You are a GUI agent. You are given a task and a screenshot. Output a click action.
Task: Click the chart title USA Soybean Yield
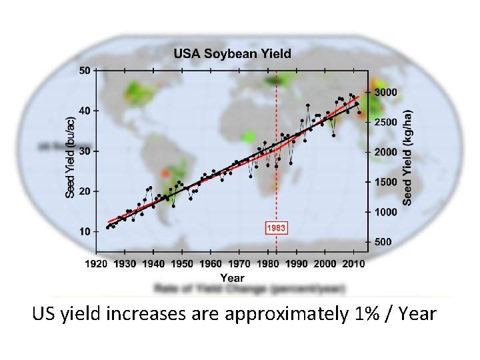(233, 53)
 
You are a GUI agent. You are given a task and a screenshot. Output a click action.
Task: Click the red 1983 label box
(276, 228)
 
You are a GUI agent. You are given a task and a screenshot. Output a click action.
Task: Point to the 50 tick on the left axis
(85, 70)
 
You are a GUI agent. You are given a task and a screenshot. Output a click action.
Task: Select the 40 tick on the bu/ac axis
(85, 111)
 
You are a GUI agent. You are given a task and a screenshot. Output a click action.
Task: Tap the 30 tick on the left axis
(85, 151)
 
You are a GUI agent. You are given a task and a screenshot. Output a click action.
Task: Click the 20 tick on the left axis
(85, 191)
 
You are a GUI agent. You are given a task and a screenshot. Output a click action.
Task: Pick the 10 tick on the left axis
(85, 232)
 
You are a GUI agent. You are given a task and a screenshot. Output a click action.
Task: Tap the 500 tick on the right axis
(383, 242)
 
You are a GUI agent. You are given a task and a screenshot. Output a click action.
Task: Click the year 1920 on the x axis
(96, 264)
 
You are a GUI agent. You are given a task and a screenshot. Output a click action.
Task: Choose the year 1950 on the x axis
(182, 264)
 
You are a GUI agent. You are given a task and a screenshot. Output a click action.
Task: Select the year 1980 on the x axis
(268, 264)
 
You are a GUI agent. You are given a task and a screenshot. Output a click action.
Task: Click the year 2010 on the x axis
(354, 264)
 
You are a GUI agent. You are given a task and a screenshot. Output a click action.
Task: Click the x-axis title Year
(232, 278)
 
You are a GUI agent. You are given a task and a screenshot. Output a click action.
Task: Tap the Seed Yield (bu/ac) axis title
(70, 153)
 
